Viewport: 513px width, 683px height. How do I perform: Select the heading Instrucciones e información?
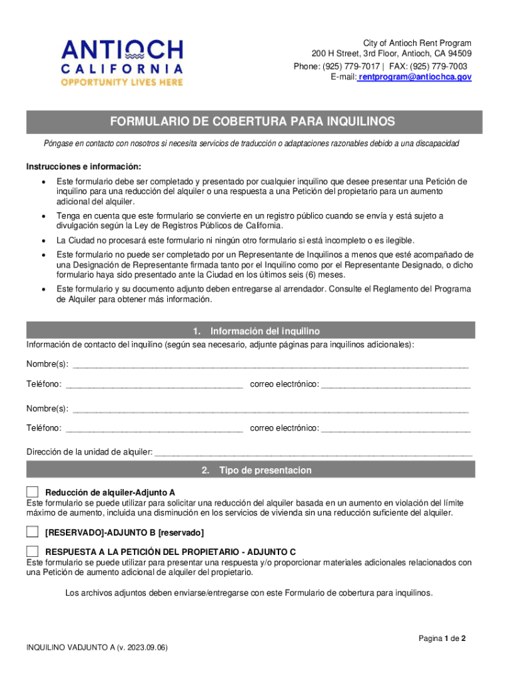click(84, 167)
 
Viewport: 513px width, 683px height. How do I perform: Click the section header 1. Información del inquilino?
click(256, 331)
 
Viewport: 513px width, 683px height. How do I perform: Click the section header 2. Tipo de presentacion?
click(256, 470)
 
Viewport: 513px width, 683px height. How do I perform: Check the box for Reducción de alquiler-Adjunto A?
click(33, 492)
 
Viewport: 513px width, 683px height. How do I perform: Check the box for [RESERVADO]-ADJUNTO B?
click(33, 532)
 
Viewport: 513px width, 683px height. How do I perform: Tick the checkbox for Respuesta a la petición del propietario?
click(33, 552)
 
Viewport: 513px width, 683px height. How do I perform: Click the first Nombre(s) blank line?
click(270, 366)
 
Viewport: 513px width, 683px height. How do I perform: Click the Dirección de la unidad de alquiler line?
click(313, 454)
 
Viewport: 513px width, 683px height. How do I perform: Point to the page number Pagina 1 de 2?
click(442, 638)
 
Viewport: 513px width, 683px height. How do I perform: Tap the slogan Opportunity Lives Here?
click(122, 82)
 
